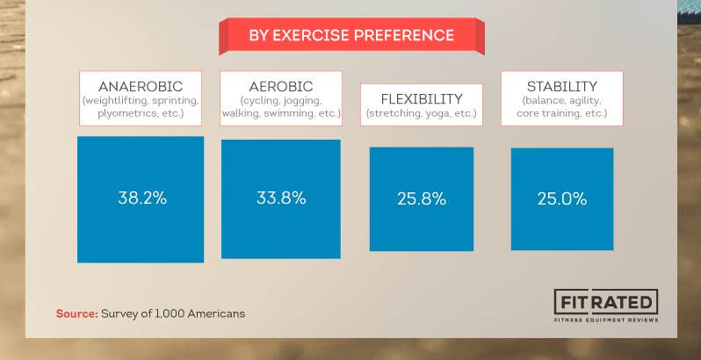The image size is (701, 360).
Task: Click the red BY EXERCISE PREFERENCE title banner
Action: click(x=351, y=36)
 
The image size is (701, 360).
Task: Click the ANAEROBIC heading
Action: click(x=141, y=86)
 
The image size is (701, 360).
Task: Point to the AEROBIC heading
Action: click(x=281, y=86)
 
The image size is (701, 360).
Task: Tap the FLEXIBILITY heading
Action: click(x=422, y=98)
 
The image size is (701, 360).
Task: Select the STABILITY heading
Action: click(x=562, y=86)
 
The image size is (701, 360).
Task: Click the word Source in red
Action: click(x=76, y=313)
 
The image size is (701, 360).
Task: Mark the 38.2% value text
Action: click(x=141, y=198)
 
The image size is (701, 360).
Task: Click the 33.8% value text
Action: click(x=281, y=198)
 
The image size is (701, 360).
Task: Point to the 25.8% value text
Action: click(x=422, y=199)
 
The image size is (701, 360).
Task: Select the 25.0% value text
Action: click(x=562, y=199)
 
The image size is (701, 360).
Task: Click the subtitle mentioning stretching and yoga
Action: click(x=422, y=114)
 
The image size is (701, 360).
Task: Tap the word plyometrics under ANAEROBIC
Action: click(x=116, y=113)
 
